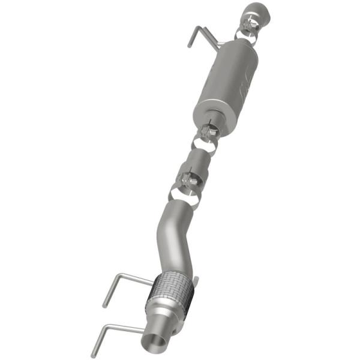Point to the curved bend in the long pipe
171,234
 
